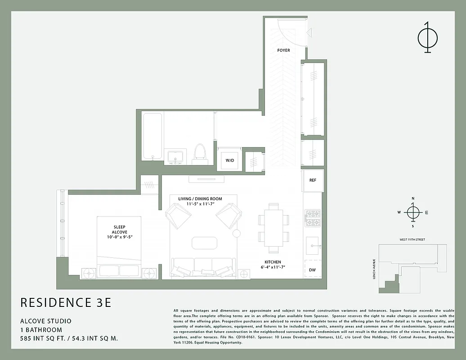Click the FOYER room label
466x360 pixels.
coord(283,50)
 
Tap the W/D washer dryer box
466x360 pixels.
coord(229,160)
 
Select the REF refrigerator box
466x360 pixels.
coord(313,180)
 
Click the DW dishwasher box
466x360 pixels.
coord(313,270)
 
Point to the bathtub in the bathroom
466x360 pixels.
coord(152,136)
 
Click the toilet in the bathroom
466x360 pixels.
coord(199,153)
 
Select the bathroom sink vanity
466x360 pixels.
coord(175,157)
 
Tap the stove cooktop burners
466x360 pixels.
coord(313,218)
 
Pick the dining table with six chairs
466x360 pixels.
coord(273,228)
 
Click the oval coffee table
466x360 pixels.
coord(204,243)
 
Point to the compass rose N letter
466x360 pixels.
coord(412,198)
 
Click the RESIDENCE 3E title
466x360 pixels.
coord(66,302)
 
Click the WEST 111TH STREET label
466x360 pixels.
coord(412,239)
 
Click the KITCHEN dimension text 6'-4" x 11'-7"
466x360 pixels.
coord(273,267)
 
